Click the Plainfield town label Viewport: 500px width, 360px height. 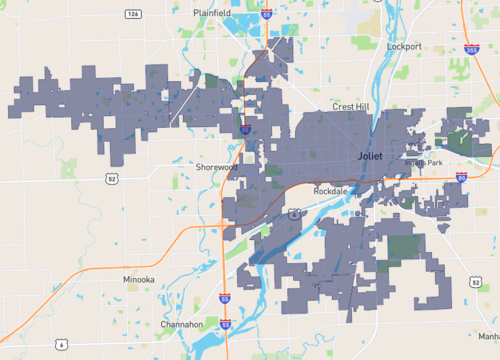coord(212,13)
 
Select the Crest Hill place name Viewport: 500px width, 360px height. coord(351,106)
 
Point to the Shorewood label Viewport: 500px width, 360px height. coord(215,167)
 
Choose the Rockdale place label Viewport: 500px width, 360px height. coord(329,190)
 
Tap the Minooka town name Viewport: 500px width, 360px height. coord(138,280)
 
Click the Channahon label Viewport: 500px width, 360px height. coord(181,325)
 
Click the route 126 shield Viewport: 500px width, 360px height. coord(132,14)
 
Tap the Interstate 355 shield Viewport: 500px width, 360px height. coord(471,48)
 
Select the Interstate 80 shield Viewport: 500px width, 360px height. coord(461,176)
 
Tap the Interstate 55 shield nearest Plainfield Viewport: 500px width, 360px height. coord(266,14)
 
